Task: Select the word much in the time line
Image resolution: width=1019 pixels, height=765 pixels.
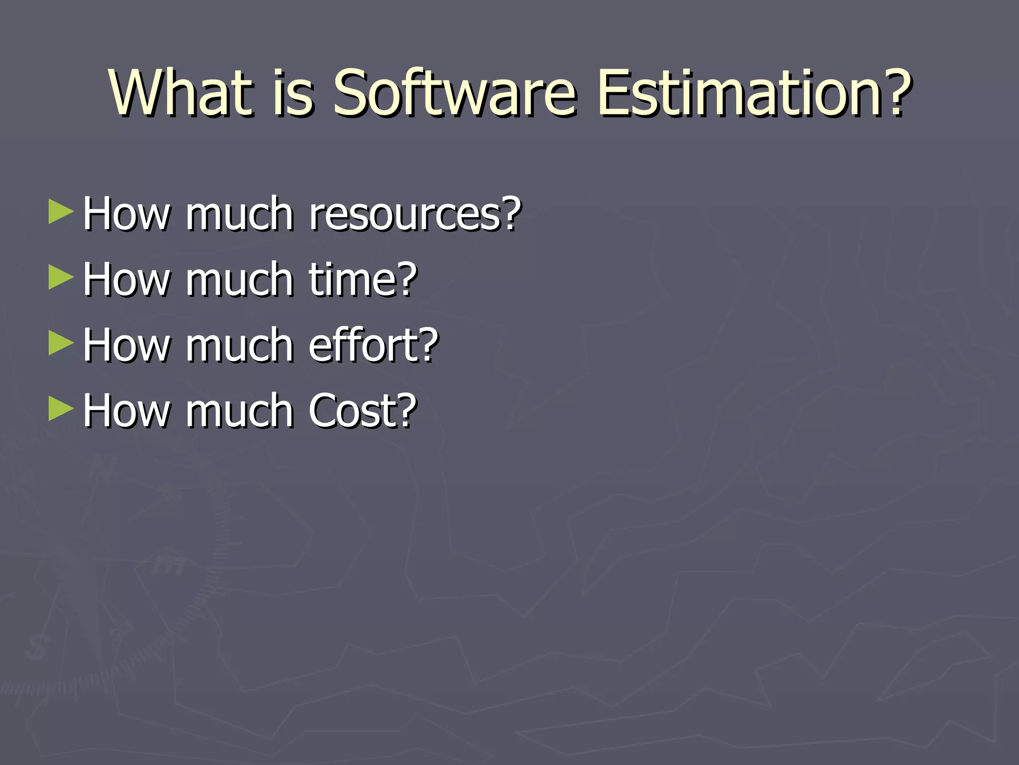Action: tap(239, 279)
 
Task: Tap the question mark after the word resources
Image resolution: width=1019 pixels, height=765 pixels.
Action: tap(510, 213)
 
